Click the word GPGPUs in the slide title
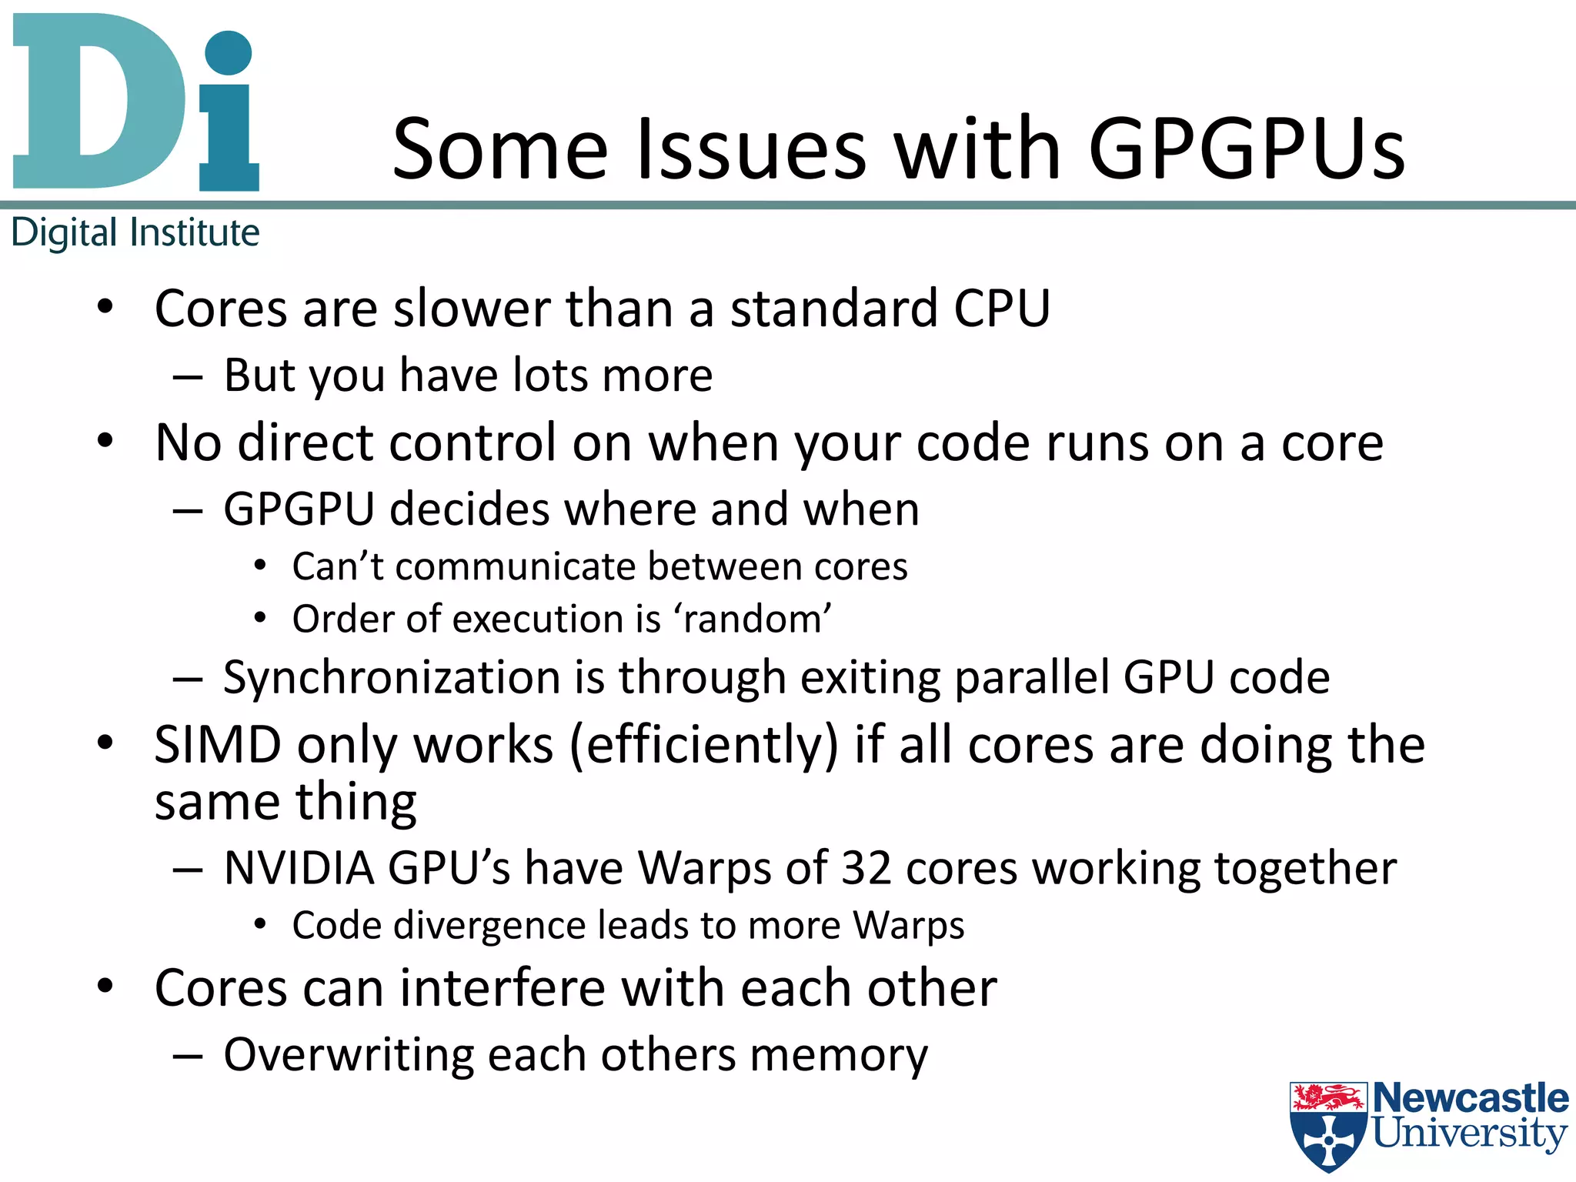click(1247, 149)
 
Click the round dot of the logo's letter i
click(229, 52)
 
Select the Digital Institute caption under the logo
click(135, 232)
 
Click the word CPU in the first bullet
click(1002, 309)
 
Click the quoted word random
click(752, 619)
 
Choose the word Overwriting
click(349, 1055)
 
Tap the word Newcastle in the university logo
click(1471, 1098)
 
